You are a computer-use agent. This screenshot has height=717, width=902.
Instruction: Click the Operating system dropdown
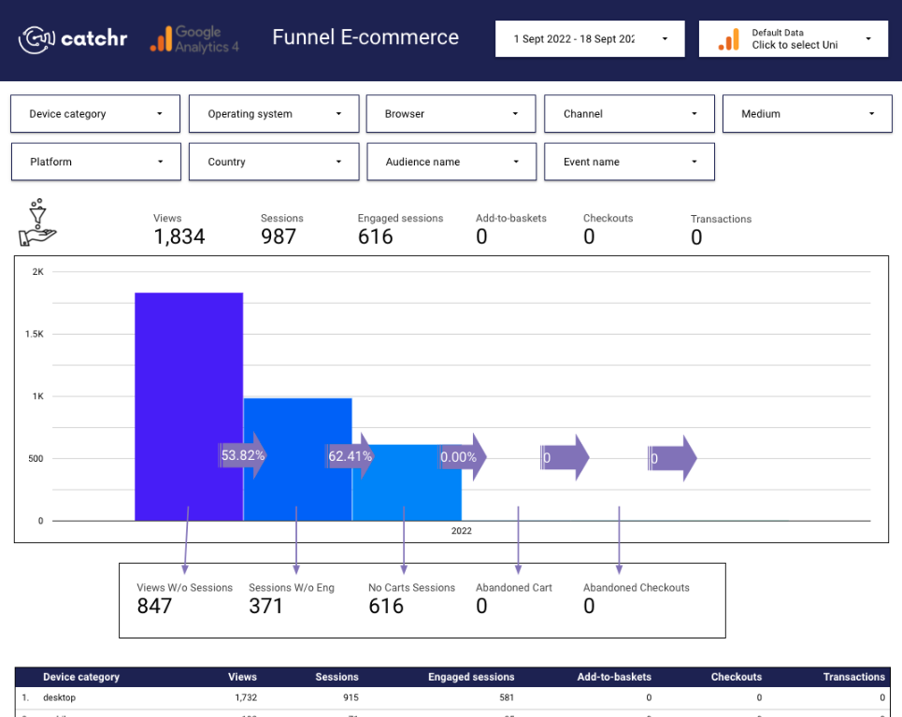click(274, 114)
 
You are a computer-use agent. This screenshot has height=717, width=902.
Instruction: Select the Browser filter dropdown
click(451, 114)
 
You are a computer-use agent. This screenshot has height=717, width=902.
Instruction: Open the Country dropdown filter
click(274, 162)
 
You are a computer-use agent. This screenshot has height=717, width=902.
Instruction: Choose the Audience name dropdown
click(451, 162)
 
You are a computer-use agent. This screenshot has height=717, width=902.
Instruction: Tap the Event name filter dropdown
click(629, 162)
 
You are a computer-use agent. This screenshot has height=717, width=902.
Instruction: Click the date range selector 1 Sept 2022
click(590, 39)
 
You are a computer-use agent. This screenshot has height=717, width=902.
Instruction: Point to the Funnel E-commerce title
click(365, 37)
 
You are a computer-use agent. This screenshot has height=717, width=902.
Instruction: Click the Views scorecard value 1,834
click(179, 237)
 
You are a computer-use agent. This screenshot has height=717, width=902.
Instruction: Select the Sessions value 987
click(279, 237)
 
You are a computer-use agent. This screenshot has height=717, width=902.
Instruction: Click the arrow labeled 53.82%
click(243, 456)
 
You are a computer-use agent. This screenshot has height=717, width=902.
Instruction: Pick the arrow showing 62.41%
click(351, 456)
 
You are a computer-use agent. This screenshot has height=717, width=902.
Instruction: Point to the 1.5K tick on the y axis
click(35, 335)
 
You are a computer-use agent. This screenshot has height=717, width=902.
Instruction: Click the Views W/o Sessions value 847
click(155, 606)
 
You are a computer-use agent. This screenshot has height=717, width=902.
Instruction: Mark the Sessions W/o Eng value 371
click(266, 606)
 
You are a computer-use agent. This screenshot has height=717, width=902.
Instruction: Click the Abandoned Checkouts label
click(637, 588)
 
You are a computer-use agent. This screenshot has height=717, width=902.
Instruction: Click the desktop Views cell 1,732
click(242, 697)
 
